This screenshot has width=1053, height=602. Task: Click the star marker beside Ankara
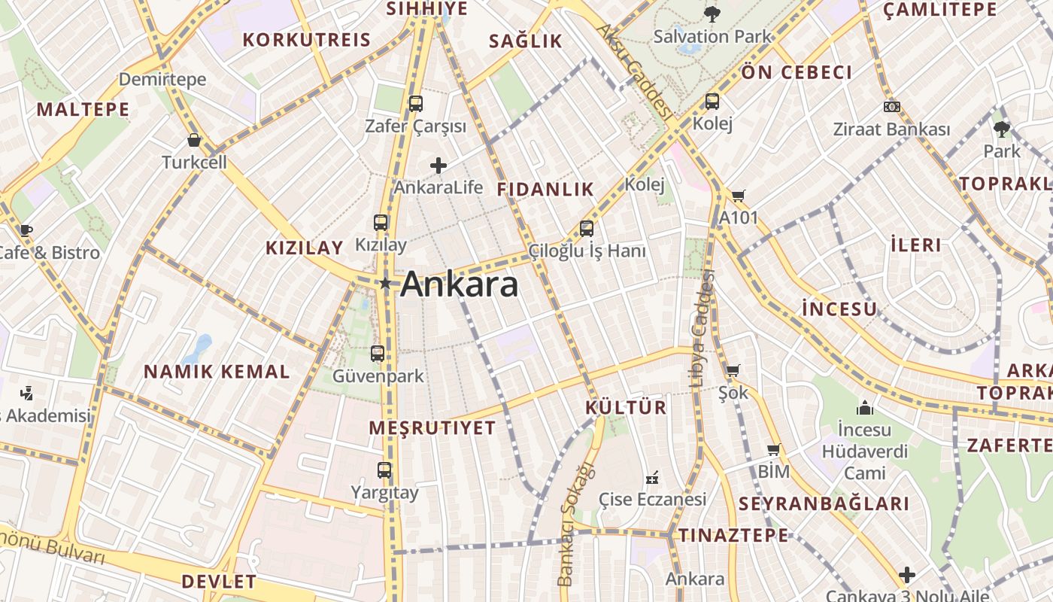[385, 284]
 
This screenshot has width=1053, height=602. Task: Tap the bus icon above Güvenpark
[378, 353]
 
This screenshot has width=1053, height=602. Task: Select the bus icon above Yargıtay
[384, 470]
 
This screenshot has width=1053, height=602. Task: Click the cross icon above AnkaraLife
[438, 166]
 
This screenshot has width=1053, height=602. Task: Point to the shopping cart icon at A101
[739, 196]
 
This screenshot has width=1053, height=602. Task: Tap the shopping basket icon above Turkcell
[194, 140]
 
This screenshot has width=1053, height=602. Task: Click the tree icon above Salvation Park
[712, 14]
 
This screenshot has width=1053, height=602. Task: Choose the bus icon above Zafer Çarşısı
[415, 104]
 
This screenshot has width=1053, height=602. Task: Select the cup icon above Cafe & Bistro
[26, 230]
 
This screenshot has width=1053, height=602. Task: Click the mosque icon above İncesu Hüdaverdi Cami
[865, 408]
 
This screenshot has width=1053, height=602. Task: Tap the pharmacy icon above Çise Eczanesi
[652, 477]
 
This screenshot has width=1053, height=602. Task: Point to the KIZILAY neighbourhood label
[304, 248]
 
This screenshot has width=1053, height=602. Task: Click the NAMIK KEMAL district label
[217, 372]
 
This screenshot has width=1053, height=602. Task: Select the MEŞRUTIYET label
[432, 428]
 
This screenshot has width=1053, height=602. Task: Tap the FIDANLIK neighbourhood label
[545, 190]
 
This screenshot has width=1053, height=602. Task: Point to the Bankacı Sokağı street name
[576, 524]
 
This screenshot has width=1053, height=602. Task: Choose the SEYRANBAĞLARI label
[824, 504]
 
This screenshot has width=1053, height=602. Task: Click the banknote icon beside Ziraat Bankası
[892, 107]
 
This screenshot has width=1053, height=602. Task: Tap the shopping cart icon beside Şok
[733, 370]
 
